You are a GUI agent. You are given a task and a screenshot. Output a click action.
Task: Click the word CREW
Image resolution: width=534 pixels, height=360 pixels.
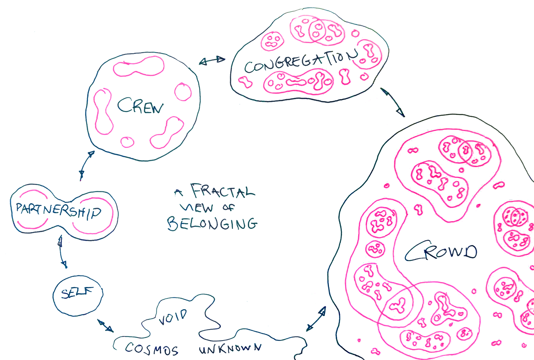pyautogui.click(x=140, y=106)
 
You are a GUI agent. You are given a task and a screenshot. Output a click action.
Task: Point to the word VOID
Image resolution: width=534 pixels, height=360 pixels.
pyautogui.click(x=173, y=317)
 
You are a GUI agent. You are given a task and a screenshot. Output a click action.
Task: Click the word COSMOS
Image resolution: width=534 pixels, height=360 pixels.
pyautogui.click(x=152, y=349)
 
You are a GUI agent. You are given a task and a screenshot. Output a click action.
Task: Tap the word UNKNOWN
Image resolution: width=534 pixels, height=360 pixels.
pyautogui.click(x=230, y=348)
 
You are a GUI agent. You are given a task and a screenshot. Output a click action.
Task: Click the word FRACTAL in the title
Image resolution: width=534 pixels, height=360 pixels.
pyautogui.click(x=222, y=191)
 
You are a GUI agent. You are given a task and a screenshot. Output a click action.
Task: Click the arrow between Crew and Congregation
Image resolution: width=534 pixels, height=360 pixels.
pyautogui.click(x=212, y=61)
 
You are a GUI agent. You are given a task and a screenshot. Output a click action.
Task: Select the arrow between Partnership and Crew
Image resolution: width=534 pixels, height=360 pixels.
pyautogui.click(x=87, y=165)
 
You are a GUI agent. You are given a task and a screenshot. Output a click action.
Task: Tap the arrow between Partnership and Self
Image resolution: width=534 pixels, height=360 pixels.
pyautogui.click(x=62, y=252)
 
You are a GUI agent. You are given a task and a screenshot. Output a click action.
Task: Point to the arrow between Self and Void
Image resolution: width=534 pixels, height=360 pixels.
pyautogui.click(x=105, y=326)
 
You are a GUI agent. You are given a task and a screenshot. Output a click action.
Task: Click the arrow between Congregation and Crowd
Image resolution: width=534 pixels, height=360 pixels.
pyautogui.click(x=393, y=102)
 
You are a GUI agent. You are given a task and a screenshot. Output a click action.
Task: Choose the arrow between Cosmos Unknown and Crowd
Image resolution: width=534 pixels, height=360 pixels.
pyautogui.click(x=316, y=319)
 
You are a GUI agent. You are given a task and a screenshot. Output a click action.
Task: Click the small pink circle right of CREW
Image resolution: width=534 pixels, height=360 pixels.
pyautogui.click(x=183, y=92)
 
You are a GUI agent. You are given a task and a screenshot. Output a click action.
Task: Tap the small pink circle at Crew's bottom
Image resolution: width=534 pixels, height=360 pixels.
pyautogui.click(x=127, y=142)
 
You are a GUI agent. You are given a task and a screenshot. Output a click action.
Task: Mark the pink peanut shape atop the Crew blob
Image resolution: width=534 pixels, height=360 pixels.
pyautogui.click(x=139, y=67)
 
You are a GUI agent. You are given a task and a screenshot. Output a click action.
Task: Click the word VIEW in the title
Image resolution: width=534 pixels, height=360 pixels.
pyautogui.click(x=196, y=208)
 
